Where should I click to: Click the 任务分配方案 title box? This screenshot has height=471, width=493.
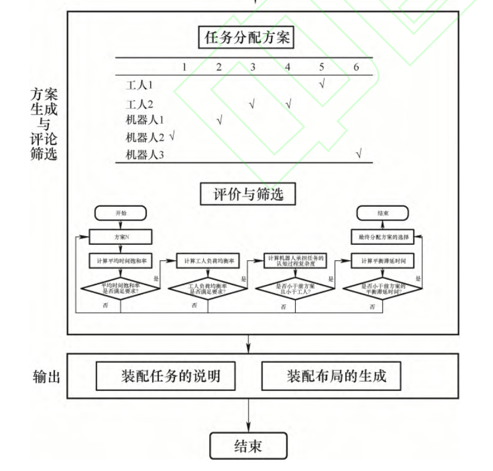pos(246,38)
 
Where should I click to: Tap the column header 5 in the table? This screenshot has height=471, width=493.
pos(322,67)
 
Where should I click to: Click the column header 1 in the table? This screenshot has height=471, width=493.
pos(184,67)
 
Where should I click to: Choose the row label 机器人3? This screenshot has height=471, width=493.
pos(145,155)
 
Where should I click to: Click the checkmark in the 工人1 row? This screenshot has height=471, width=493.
pos(322,83)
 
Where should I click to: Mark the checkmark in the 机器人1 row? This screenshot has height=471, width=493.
pos(220,121)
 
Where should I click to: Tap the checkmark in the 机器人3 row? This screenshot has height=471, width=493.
pos(358,154)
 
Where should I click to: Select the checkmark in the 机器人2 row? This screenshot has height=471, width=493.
pos(173,136)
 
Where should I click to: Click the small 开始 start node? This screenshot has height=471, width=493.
pos(121,213)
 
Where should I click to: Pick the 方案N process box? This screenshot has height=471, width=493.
pos(121,237)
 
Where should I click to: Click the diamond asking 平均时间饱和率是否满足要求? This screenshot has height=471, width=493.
pos(121,288)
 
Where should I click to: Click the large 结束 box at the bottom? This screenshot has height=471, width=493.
pos(248,446)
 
